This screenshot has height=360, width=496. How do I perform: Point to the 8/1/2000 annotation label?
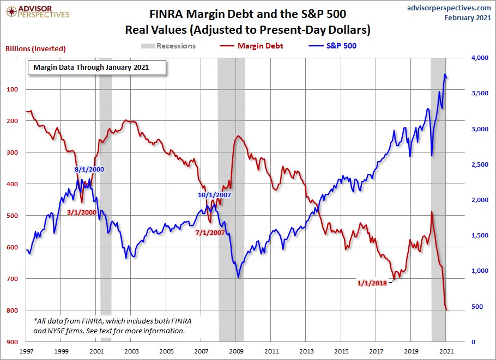pyautogui.click(x=89, y=169)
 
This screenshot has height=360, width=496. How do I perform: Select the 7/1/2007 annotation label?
pyautogui.click(x=210, y=232)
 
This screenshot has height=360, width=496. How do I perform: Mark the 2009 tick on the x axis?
pyautogui.click(x=237, y=351)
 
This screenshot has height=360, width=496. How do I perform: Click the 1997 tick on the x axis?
pyautogui.click(x=27, y=351)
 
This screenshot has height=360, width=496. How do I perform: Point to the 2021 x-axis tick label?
pyautogui.click(x=446, y=351)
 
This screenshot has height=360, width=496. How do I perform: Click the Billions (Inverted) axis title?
pyautogui.click(x=35, y=48)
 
